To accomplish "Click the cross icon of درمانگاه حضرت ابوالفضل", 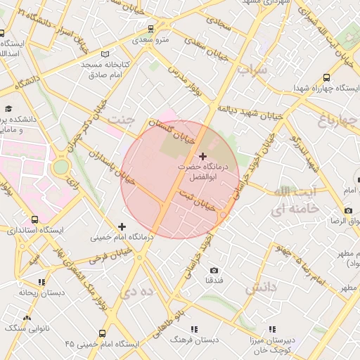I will (x=203, y=155).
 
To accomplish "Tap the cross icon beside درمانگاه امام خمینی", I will (x=122, y=226).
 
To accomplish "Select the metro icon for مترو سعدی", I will (x=150, y=29).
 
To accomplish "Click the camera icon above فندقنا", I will (x=214, y=270).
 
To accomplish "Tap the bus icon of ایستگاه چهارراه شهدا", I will (x=326, y=77).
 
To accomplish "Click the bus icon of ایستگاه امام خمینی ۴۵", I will (x=103, y=333).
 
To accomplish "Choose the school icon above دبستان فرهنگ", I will (x=194, y=328).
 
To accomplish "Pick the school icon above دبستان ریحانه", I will (x=41, y=282).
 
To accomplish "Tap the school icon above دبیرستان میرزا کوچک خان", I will (x=272, y=328).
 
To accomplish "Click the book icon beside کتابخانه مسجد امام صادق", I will (x=105, y=54).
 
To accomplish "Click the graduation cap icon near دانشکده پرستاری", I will (x=8, y=109).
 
